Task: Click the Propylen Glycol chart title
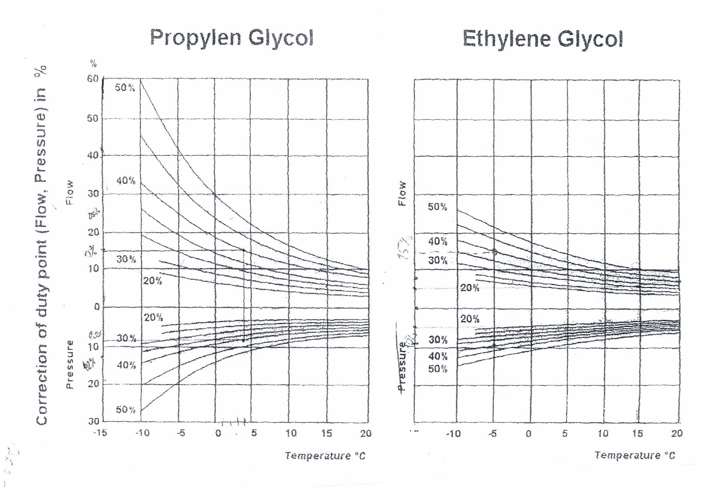click(x=232, y=38)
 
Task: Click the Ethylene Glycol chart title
click(x=542, y=39)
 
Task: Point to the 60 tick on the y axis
click(x=93, y=79)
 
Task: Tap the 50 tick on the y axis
click(x=93, y=118)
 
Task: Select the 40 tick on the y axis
click(x=93, y=155)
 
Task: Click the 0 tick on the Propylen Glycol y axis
click(x=97, y=307)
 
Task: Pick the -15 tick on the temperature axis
click(x=100, y=433)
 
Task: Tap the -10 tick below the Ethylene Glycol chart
click(x=453, y=433)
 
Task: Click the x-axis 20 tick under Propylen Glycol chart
click(x=365, y=433)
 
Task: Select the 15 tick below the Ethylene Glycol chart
click(x=637, y=433)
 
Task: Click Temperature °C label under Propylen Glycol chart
click(x=325, y=456)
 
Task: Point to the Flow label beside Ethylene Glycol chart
click(x=403, y=194)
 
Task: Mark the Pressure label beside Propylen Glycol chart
click(x=70, y=364)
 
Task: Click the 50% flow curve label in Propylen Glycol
click(x=125, y=88)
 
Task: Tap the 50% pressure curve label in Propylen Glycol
click(x=126, y=410)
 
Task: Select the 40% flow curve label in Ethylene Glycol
click(x=438, y=242)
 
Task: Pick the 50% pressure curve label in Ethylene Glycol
click(x=438, y=369)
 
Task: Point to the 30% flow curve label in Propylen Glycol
click(x=126, y=260)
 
